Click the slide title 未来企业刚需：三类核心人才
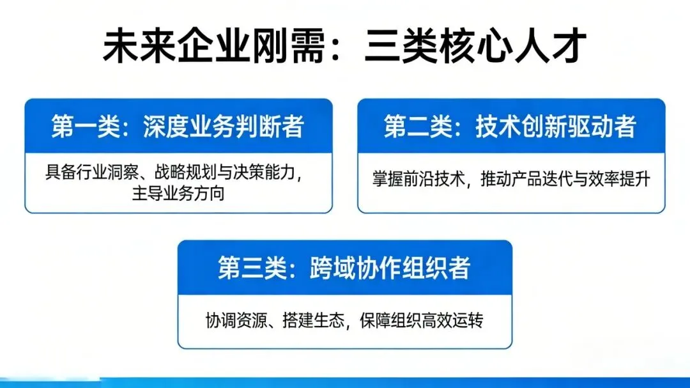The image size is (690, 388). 344,47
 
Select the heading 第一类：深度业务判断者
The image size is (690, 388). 178,127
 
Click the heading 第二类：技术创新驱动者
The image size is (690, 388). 510,127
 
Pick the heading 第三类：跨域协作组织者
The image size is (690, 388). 344,268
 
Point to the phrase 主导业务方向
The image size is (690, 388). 178,194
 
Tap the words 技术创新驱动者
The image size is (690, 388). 556,127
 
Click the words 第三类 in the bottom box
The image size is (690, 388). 247,268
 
